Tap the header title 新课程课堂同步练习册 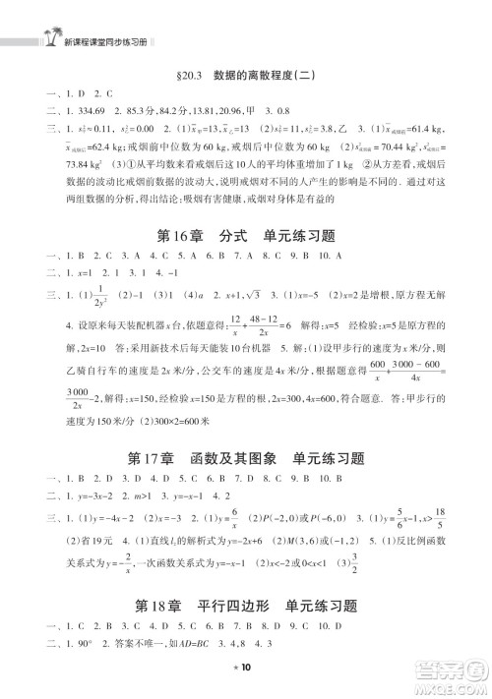[x=95, y=43]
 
